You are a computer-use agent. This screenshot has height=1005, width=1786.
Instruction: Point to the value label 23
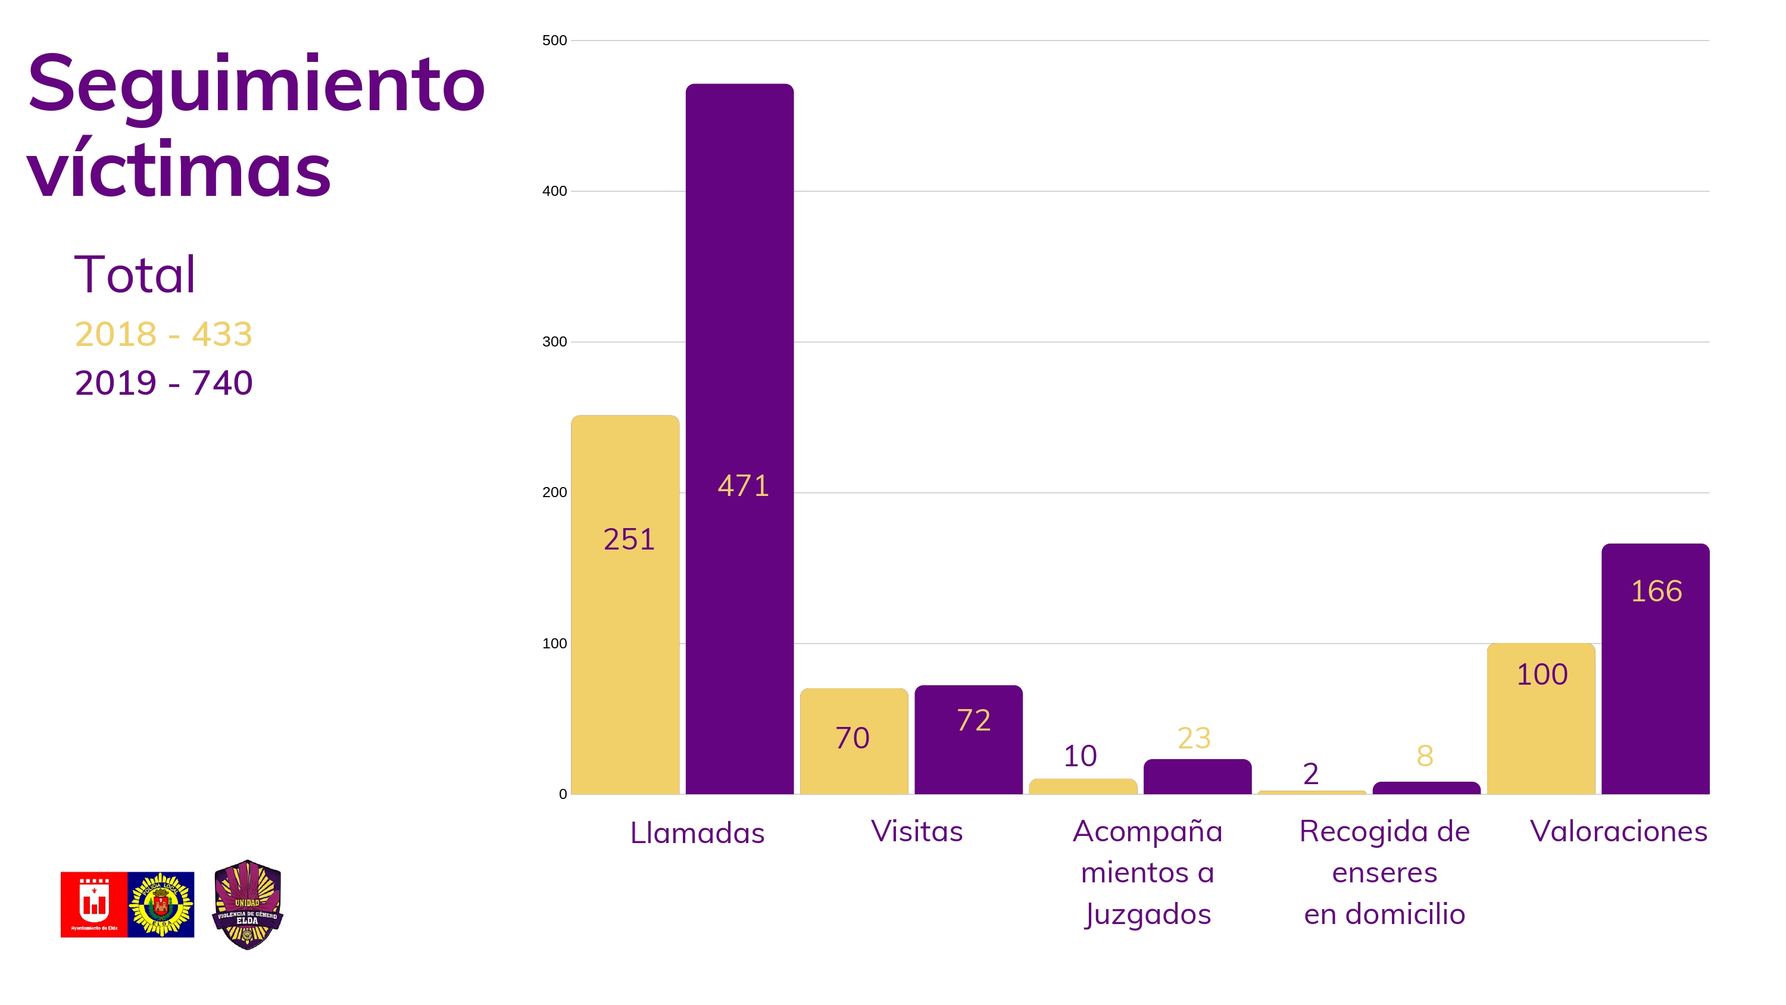click(x=1194, y=738)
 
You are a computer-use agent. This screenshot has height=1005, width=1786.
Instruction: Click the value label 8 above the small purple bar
click(x=1425, y=756)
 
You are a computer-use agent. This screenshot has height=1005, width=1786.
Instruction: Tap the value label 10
click(x=1080, y=756)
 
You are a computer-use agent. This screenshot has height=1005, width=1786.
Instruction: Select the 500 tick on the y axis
click(x=554, y=40)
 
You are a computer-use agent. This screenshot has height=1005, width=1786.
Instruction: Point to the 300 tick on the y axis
click(x=554, y=341)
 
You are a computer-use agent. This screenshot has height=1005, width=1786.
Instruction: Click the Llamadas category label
click(x=697, y=833)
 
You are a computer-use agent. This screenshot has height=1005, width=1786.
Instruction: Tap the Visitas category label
click(x=917, y=831)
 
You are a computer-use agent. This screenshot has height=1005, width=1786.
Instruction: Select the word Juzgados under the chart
click(x=1147, y=914)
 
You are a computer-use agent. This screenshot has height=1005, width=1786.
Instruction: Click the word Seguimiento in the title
click(x=256, y=85)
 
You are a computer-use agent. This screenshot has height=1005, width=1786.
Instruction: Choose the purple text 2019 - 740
click(x=164, y=383)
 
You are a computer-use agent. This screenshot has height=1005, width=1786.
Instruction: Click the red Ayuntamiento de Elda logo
click(x=93, y=904)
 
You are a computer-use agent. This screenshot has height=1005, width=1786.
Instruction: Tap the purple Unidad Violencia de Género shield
click(x=248, y=904)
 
